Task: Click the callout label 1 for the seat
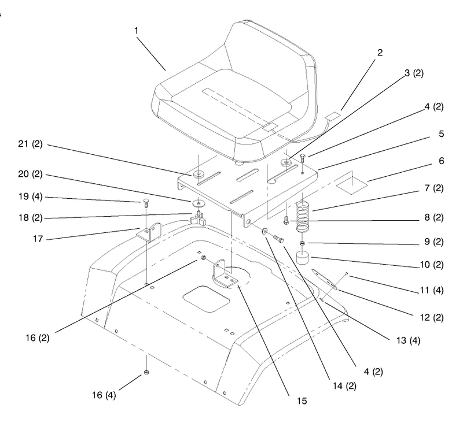click(136, 31)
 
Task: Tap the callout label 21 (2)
click(31, 144)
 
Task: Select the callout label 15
click(302, 401)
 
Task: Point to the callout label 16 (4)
click(104, 395)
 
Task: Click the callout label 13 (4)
click(408, 340)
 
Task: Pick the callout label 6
click(441, 161)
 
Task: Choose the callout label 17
click(38, 239)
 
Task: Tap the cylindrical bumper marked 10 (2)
click(303, 257)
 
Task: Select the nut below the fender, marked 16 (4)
click(146, 372)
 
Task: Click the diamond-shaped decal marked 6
click(352, 185)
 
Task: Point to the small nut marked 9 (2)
click(302, 243)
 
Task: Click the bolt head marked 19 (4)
click(145, 201)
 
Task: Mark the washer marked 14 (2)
click(264, 231)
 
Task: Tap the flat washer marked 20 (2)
click(199, 203)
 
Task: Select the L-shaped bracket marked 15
click(225, 274)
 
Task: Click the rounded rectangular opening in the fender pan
click(206, 299)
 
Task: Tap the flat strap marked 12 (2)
click(325, 279)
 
